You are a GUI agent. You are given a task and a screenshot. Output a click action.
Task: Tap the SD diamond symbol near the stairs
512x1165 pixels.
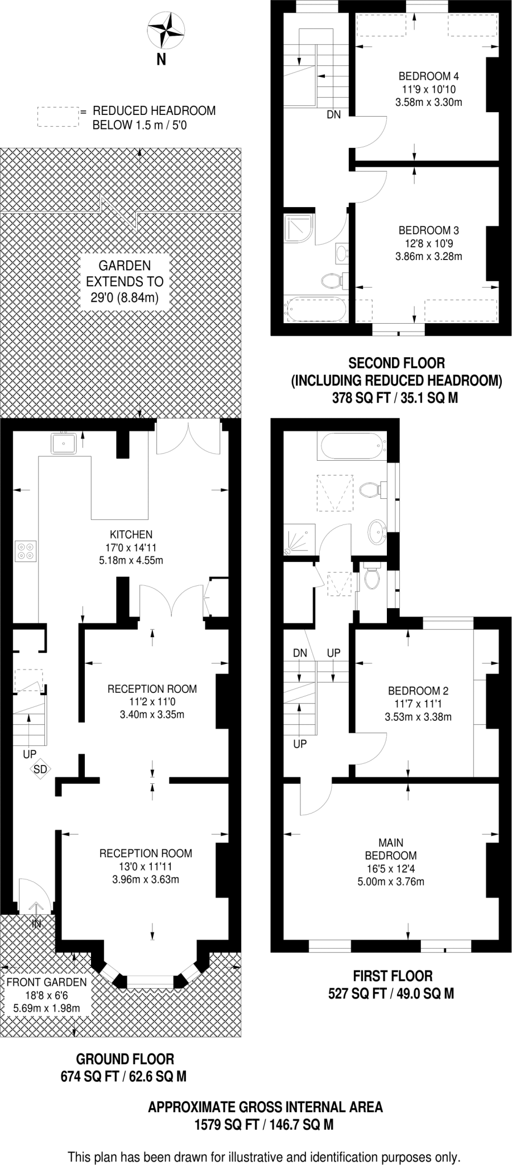click(x=40, y=769)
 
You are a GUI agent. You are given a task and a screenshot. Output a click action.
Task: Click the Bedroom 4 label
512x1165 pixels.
click(x=428, y=76)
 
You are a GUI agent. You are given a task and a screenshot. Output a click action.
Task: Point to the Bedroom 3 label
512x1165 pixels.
click(x=428, y=230)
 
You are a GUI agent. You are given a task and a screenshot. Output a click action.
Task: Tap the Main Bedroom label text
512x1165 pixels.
click(x=391, y=849)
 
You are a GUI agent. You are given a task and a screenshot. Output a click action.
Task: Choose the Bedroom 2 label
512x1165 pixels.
click(x=418, y=691)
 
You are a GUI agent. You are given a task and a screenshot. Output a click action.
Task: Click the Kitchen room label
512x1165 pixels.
click(x=131, y=534)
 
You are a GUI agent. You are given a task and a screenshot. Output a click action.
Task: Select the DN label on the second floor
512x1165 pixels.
click(x=334, y=114)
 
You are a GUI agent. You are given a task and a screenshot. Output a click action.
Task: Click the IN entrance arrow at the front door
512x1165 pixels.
click(x=36, y=917)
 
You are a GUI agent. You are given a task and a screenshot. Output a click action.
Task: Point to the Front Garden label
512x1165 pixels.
click(x=47, y=982)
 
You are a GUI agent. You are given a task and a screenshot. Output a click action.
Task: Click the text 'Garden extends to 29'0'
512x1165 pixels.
click(x=125, y=281)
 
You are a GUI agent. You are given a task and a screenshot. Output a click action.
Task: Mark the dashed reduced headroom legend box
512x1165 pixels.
click(x=57, y=117)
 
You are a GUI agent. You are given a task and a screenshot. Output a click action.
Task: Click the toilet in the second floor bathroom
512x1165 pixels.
click(x=332, y=280)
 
